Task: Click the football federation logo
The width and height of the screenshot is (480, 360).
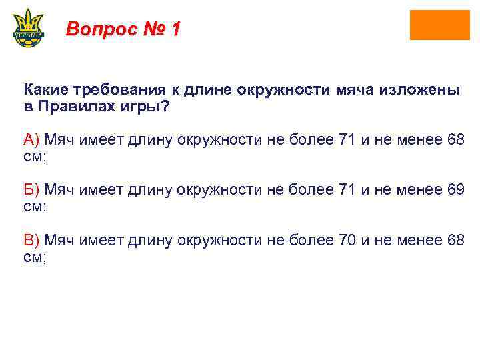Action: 28,27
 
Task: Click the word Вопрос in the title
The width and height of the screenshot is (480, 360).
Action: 99,29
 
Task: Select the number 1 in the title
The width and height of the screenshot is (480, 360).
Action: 175,29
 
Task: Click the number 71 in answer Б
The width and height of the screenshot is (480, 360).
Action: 345,189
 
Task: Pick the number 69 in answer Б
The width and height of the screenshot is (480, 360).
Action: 456,189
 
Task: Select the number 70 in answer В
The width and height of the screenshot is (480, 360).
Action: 345,240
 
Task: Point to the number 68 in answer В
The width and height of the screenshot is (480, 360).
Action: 456,240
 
